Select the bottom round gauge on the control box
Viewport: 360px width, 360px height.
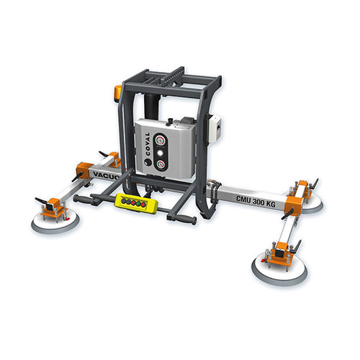tap(165, 163)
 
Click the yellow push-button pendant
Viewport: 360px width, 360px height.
tap(135, 203)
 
